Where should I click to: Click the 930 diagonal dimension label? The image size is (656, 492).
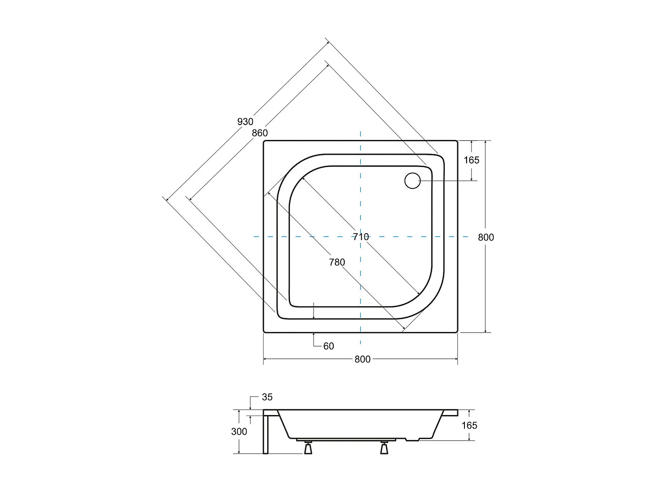coord(245,122)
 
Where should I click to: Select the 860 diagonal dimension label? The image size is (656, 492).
coord(259,133)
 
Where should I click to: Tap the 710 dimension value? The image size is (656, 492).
coord(361,237)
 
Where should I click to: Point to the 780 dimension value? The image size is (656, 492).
coord(337,262)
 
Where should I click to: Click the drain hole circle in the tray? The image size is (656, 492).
coord(412,181)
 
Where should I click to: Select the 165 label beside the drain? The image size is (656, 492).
coord(471,160)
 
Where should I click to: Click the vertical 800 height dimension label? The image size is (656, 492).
coord(485,237)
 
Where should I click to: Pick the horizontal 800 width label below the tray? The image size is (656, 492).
coord(362,359)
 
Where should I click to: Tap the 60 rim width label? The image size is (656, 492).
coord(328,346)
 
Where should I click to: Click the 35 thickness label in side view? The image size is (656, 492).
coord(267,397)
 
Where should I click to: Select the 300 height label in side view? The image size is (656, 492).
coord(239,432)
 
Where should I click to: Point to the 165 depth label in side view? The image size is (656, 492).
coord(469,426)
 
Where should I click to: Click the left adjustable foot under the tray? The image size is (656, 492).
coord(308,448)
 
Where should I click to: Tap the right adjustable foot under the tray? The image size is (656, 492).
coord(384,448)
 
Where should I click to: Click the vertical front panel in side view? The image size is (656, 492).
coord(265,433)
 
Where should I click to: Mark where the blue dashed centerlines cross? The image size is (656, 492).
coord(360,237)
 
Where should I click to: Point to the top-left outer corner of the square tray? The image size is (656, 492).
coord(264,141)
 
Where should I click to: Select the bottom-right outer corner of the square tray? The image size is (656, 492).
coord(457,332)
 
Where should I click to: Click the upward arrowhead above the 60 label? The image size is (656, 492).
coord(314,335)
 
